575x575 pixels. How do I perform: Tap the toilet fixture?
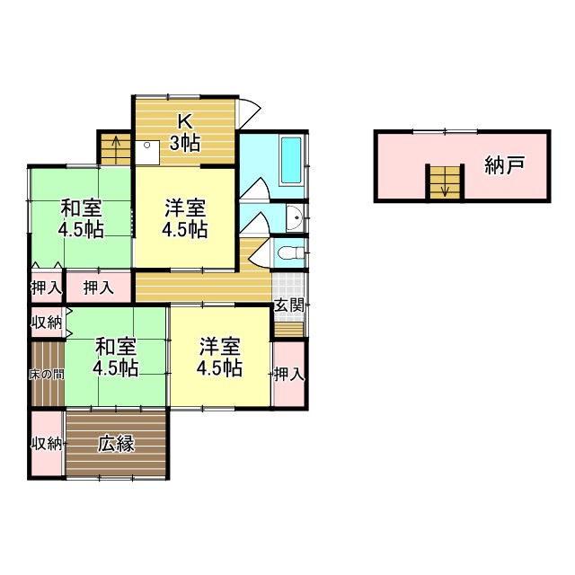tap(287, 252)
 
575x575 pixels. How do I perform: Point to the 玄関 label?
tap(288, 305)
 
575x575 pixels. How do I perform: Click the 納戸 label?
tap(504, 165)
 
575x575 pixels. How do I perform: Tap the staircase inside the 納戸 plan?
tap(443, 183)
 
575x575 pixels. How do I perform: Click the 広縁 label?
tap(116, 443)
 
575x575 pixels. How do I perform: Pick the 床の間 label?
tap(46, 374)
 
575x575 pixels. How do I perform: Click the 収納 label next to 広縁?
tap(46, 444)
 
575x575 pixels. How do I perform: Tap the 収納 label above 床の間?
tap(46, 323)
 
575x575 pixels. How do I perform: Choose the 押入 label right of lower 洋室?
tap(288, 374)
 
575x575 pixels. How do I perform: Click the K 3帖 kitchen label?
tap(185, 131)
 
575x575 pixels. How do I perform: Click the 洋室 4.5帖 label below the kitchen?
tap(185, 218)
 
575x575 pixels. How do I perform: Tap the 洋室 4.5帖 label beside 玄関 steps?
tap(220, 357)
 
